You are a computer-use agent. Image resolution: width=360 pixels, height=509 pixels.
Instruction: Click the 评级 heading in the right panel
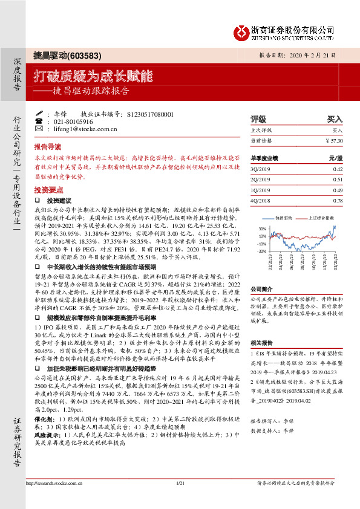(x=258, y=120)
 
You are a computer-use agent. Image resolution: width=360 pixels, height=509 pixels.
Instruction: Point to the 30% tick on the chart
(x=262, y=229)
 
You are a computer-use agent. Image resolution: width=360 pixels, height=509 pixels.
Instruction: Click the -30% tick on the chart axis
(x=261, y=250)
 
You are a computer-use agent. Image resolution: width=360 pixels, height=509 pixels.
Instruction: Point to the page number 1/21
(x=180, y=499)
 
